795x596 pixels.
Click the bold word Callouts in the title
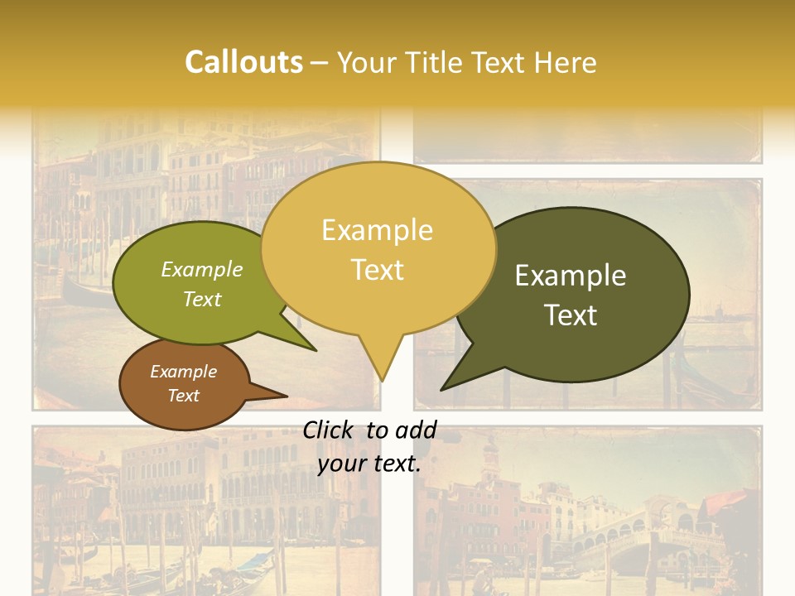(x=243, y=62)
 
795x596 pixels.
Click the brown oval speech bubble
(x=184, y=383)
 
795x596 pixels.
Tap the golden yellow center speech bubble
(x=378, y=248)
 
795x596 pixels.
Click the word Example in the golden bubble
(x=378, y=229)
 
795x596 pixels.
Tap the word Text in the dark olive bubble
(x=571, y=315)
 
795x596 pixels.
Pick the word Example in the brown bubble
(x=184, y=372)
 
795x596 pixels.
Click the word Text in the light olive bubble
(x=202, y=299)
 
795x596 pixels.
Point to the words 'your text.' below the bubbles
(x=369, y=464)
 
